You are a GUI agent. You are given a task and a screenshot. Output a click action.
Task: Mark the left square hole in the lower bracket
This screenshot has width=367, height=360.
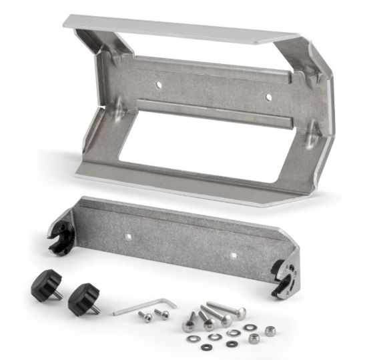129,235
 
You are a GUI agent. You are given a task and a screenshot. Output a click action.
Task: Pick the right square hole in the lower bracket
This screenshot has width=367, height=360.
234,254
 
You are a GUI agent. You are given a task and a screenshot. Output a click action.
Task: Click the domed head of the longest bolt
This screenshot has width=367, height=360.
240,312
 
